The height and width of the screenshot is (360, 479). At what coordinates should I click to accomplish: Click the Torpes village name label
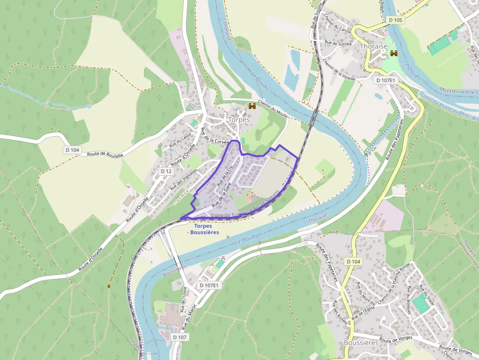239,120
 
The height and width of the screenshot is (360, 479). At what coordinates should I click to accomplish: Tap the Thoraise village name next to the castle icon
373,46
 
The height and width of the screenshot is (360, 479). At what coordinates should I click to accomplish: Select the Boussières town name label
361,343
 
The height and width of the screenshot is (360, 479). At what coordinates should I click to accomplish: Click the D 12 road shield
166,171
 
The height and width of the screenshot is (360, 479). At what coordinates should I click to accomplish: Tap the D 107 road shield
180,337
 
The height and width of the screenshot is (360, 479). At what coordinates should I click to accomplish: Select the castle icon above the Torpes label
252,106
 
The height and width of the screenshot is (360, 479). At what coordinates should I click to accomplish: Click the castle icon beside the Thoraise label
393,53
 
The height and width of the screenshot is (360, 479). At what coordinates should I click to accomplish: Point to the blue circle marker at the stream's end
89,106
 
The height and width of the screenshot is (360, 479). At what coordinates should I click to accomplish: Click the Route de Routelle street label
105,154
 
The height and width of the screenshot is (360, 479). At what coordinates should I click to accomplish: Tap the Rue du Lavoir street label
180,140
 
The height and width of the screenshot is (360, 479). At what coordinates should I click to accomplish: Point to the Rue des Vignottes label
183,180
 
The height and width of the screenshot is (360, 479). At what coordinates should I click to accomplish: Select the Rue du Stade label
427,289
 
